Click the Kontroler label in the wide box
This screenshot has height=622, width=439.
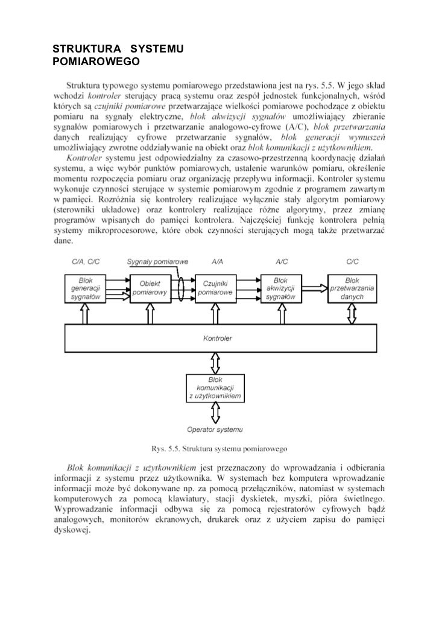click(218, 338)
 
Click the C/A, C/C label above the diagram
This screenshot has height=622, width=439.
click(84, 262)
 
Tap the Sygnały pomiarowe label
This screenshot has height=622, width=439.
click(158, 262)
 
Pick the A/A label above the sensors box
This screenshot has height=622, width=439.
click(216, 262)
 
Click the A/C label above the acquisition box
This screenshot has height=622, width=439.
click(282, 262)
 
